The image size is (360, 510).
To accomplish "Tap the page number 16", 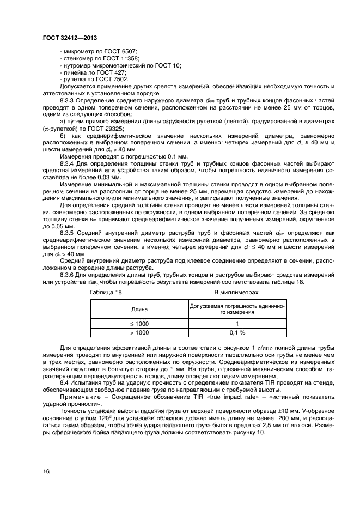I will coord(46,471).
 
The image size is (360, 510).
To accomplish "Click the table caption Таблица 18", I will coord(105,292).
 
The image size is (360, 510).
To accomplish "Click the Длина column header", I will coord(139,309).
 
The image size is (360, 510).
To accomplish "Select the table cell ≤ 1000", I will coord(139,324).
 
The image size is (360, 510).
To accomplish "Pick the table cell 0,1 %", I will coord(237,332).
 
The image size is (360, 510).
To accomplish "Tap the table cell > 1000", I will coord(139,332).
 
